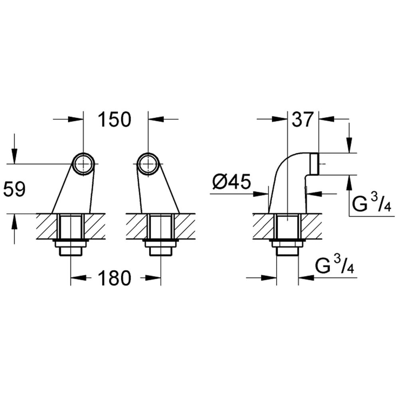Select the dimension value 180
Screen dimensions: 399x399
[115, 278]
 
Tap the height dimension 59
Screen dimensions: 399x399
[14, 189]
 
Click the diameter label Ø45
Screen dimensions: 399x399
[231, 182]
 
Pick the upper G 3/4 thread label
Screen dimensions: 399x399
[372, 203]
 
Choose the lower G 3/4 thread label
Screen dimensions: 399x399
[335, 265]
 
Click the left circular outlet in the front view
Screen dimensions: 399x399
[83, 164]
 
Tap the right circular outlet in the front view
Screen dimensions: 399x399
[148, 164]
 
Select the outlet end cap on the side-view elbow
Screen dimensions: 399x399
[314, 164]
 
